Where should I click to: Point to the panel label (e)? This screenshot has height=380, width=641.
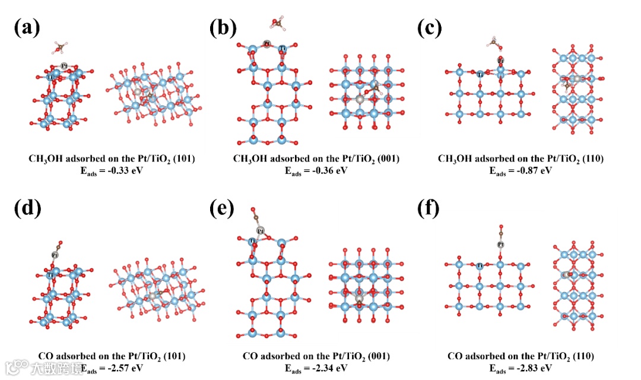(224, 210)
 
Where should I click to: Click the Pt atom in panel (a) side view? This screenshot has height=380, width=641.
(64, 65)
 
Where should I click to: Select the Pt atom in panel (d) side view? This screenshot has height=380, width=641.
(55, 255)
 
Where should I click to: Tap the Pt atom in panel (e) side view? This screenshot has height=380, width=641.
(260, 230)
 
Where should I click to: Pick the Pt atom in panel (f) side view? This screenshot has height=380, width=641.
(501, 244)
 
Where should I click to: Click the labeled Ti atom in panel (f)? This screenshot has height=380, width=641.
(480, 266)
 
